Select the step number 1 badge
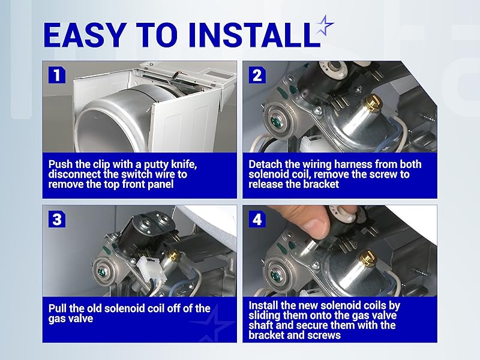tap(56, 75)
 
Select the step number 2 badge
tap(257, 75)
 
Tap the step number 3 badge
tap(56, 219)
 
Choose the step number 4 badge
tap(257, 219)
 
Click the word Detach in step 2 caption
tap(264, 164)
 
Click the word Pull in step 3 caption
tap(58, 308)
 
